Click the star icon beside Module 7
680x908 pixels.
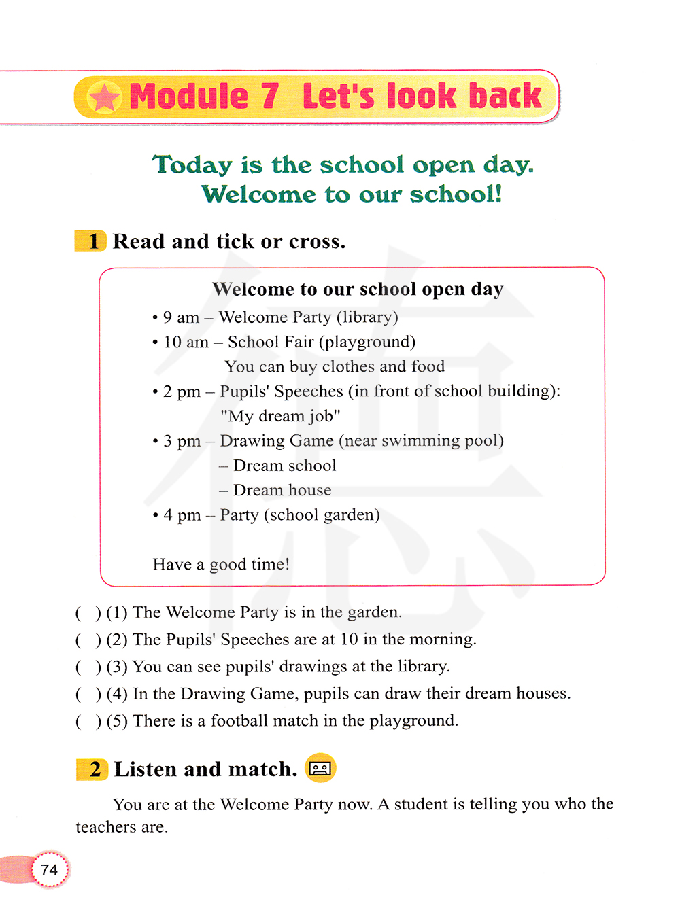[x=104, y=98]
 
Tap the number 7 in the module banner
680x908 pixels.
[x=270, y=96]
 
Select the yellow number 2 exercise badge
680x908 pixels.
[x=93, y=769]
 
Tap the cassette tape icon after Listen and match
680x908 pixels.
[x=320, y=769]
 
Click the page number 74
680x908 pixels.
[x=49, y=870]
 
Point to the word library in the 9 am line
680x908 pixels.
[x=367, y=317]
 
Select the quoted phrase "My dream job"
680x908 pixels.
[x=280, y=416]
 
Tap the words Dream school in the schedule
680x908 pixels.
[x=284, y=466]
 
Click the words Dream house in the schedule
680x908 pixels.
[x=282, y=490]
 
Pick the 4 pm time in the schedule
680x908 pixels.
[x=182, y=515]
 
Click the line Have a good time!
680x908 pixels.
[x=221, y=564]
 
